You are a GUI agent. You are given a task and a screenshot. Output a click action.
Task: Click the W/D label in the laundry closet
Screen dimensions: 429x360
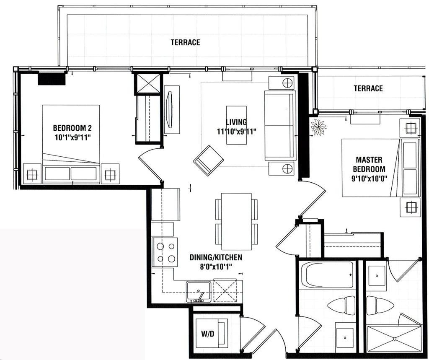208,334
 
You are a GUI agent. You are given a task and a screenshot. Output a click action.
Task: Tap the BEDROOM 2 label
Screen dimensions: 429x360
72,128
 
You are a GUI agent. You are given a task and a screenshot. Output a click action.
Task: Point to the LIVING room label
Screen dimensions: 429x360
236,122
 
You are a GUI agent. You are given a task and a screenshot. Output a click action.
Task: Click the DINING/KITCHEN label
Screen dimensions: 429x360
216,257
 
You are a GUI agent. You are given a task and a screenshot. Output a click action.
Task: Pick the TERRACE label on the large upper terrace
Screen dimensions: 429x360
186,42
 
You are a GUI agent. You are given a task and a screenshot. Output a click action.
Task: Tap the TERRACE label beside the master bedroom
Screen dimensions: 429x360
368,88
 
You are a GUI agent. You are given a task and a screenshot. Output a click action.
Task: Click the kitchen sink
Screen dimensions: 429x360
199,292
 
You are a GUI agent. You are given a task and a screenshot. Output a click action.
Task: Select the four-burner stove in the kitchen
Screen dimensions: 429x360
165,252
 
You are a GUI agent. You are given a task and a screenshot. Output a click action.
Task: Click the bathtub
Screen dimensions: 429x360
327,275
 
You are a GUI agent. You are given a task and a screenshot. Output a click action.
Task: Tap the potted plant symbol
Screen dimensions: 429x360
318,127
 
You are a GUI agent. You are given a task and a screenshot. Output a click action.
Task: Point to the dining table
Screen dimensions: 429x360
236,221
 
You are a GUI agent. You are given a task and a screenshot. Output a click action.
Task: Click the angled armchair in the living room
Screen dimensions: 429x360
208,161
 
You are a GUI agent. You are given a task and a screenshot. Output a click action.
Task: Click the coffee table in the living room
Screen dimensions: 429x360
236,125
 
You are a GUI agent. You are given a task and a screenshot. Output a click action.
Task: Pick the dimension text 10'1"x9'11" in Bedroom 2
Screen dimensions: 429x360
72,137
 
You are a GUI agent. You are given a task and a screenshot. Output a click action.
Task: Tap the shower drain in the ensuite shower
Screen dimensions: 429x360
395,339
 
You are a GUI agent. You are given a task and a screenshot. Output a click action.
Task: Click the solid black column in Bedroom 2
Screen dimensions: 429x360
52,78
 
